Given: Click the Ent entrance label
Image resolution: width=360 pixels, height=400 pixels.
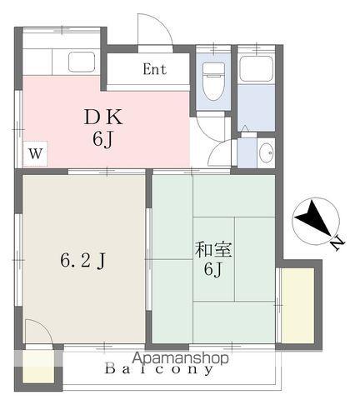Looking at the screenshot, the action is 155,69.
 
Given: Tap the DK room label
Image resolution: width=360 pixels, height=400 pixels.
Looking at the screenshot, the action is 103,117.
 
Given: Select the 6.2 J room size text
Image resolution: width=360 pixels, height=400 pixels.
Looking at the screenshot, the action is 82,261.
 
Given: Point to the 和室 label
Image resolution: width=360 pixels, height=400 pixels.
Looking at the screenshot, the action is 213,249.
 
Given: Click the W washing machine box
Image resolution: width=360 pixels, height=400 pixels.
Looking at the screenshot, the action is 35,153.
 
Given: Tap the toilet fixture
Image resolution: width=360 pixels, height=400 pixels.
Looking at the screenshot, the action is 213,81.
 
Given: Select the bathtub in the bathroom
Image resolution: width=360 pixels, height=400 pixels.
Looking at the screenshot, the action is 256,68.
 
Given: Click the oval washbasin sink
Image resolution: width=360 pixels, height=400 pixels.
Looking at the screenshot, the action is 267,152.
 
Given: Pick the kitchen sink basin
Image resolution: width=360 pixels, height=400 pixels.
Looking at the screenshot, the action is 82,62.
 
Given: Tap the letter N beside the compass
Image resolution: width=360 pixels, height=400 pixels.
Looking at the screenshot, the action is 337,243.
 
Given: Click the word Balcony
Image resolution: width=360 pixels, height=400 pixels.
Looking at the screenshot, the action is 159,369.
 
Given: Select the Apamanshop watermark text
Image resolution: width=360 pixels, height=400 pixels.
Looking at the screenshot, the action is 180,358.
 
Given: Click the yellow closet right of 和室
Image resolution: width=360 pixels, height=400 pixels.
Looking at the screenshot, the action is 297,305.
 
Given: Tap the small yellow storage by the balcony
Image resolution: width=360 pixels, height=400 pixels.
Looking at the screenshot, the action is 37,367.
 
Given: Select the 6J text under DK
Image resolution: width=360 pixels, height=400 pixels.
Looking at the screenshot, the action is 103,139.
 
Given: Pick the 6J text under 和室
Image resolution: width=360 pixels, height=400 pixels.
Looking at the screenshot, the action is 213,269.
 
